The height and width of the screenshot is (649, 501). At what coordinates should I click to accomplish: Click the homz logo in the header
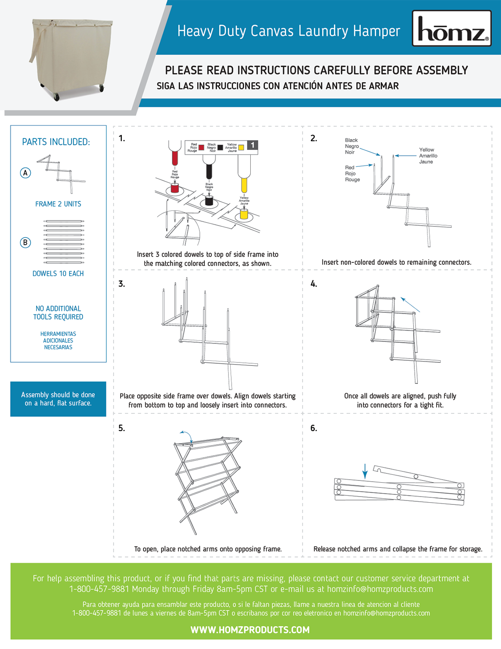coord(451,29)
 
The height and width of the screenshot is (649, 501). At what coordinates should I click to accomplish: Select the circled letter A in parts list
coord(26,173)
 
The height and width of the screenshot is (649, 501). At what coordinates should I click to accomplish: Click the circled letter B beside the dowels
coord(26,243)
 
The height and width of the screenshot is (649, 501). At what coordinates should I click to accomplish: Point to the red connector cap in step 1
coord(175,188)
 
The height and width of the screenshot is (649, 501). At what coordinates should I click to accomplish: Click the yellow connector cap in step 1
coord(244,214)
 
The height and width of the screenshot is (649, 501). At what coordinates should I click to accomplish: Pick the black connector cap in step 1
coord(209,201)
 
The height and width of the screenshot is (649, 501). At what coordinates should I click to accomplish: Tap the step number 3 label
coord(122,284)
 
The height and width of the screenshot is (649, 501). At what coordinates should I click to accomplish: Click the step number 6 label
coord(314,429)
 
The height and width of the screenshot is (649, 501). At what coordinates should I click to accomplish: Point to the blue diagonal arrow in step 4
coord(410,304)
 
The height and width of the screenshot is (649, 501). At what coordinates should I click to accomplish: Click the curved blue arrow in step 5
coord(186,435)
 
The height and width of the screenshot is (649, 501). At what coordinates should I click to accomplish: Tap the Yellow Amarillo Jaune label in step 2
coord(428,155)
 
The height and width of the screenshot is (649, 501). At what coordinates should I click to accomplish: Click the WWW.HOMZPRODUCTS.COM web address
coord(250,630)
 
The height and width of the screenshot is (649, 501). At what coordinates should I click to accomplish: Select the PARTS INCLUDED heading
coord(56,142)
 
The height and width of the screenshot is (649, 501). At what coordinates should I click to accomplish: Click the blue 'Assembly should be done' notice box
coord(58,399)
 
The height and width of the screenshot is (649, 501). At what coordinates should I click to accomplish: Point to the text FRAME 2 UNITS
coord(58,204)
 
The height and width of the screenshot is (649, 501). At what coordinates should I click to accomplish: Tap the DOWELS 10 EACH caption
coord(58,274)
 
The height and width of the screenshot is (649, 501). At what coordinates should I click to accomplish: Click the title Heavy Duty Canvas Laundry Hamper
coord(289,31)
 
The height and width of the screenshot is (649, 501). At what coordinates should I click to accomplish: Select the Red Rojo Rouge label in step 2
coord(352,173)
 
